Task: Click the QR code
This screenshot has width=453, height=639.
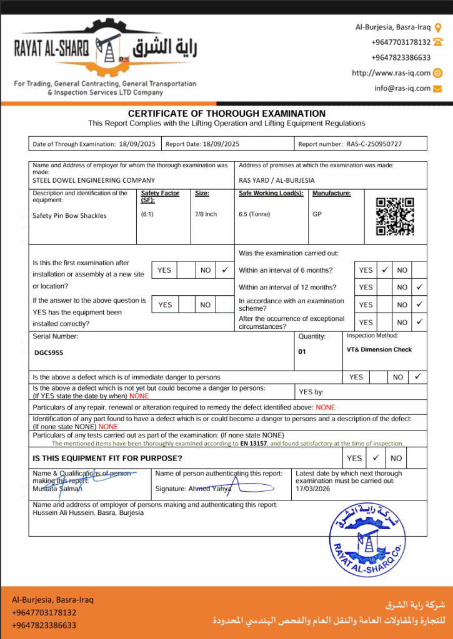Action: pyautogui.click(x=395, y=216)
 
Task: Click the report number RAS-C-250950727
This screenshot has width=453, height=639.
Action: pyautogui.click(x=374, y=144)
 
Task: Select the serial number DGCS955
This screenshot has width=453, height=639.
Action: pyautogui.click(x=49, y=353)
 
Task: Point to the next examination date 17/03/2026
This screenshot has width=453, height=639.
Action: pyautogui.click(x=313, y=489)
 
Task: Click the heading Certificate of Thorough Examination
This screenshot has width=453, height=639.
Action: pyautogui.click(x=226, y=114)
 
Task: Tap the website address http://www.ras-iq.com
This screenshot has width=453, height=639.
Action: pyautogui.click(x=391, y=73)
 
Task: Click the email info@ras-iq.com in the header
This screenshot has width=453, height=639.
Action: pyautogui.click(x=402, y=88)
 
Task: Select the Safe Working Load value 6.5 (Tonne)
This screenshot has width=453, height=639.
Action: pyautogui.click(x=254, y=214)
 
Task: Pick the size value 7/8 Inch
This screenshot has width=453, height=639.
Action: pyautogui.click(x=206, y=214)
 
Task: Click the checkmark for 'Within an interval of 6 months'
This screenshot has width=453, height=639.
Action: pyautogui.click(x=385, y=270)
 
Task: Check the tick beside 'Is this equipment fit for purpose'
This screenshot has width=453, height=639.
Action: pyautogui.click(x=375, y=457)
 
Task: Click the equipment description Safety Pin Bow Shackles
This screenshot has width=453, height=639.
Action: pyautogui.click(x=69, y=215)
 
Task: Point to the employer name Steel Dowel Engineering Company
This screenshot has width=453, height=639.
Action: pyautogui.click(x=94, y=180)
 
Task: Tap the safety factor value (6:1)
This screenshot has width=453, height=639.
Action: pyautogui.click(x=149, y=214)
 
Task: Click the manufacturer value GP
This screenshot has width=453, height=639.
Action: pyautogui.click(x=317, y=214)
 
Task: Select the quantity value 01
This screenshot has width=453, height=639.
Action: pyautogui.click(x=302, y=351)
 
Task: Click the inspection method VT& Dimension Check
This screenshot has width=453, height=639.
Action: pyautogui.click(x=379, y=349)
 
